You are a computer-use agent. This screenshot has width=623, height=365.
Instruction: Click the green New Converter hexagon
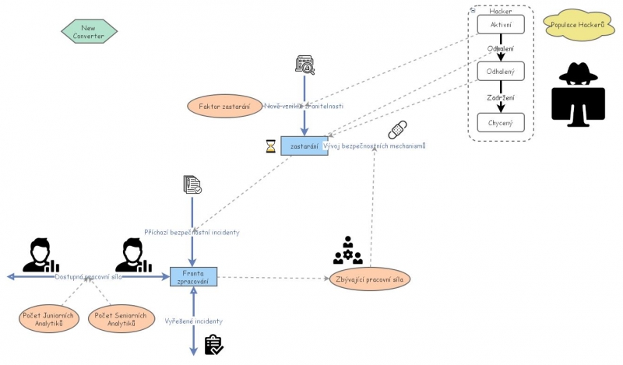89,31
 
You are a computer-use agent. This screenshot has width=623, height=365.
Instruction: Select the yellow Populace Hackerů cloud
577,25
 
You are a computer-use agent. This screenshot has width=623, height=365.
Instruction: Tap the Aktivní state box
501,24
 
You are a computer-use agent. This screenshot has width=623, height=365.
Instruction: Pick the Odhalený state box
501,72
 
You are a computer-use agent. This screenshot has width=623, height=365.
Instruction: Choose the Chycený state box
501,122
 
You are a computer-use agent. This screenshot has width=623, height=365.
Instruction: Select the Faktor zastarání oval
224,106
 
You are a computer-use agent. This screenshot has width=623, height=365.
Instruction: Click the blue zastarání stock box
304,146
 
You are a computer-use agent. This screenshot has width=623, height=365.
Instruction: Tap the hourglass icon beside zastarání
271,146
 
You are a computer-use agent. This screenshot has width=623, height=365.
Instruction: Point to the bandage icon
397,129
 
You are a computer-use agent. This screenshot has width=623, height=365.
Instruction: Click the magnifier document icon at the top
304,65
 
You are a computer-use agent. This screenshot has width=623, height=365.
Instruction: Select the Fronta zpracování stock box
193,276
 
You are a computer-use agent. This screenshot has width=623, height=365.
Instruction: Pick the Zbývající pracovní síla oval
369,278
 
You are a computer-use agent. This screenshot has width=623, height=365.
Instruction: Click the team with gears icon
347,251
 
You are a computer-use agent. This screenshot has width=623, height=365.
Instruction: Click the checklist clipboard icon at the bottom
213,345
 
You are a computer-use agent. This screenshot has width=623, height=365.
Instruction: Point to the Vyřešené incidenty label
193,321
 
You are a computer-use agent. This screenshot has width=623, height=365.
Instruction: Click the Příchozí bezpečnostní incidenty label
192,232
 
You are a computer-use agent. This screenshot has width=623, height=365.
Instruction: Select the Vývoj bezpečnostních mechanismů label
374,146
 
